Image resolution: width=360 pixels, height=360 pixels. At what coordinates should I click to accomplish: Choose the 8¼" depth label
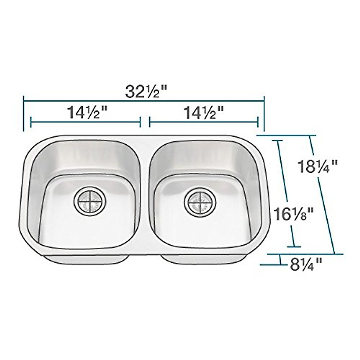[306, 265]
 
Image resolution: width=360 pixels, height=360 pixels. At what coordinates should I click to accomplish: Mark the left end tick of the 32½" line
[23, 114]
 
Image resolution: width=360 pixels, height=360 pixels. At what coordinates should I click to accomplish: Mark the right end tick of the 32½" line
[264, 114]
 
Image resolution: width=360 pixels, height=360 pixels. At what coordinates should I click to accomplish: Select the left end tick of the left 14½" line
[31, 122]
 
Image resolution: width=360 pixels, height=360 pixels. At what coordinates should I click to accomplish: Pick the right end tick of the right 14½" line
[258, 122]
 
